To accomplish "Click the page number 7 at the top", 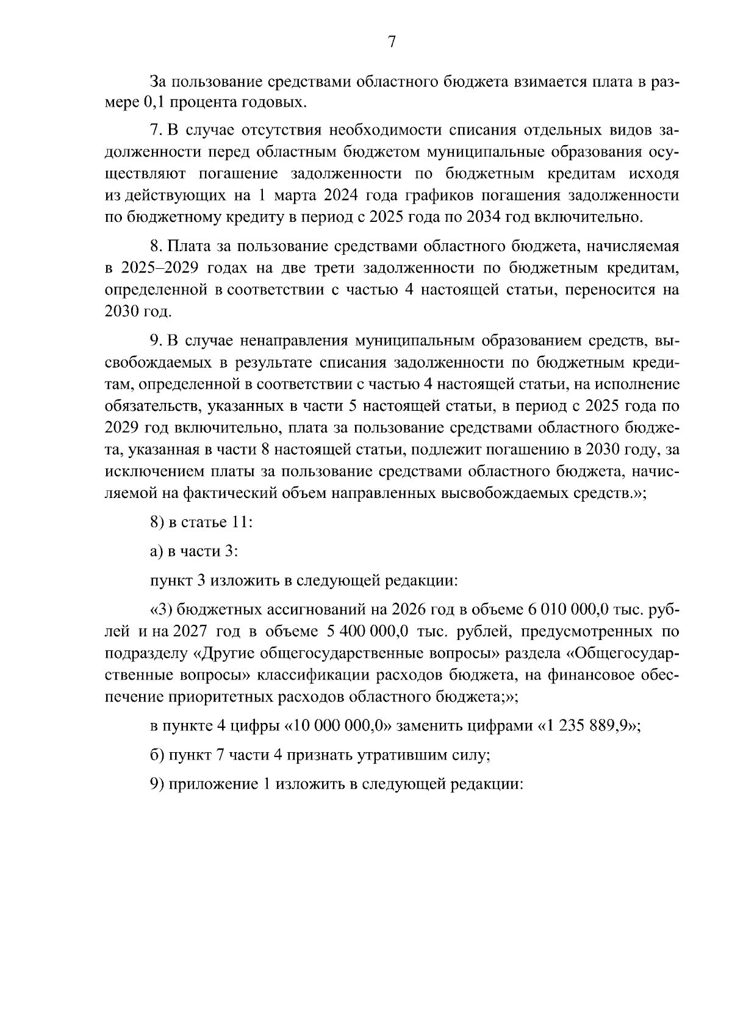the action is point(392,41).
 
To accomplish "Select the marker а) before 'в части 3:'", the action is point(156,551).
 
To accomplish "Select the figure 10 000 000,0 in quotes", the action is point(342,726).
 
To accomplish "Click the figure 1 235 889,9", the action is point(586,726).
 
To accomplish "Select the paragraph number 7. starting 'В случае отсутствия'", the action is point(156,131).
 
